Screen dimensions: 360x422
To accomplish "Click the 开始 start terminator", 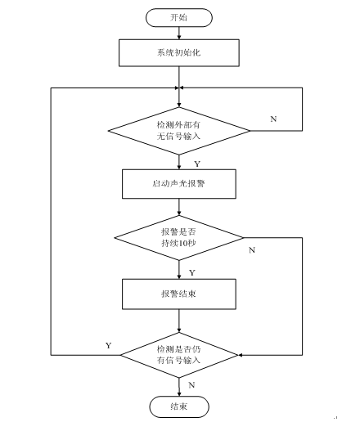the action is pos(179,18).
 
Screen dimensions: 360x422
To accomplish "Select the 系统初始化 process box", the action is pos(179,52).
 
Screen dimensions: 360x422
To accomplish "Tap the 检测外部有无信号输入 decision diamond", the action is pos(179,131).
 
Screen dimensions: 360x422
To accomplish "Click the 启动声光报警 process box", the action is pos(179,184).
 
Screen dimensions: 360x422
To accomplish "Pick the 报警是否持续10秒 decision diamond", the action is pos(179,238).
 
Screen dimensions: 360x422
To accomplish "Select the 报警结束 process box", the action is pos(179,294).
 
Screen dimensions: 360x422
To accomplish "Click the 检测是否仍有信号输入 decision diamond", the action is pos(179,355).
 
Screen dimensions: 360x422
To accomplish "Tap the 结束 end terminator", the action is pos(179,406).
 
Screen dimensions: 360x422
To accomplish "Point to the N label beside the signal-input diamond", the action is pos(273,119).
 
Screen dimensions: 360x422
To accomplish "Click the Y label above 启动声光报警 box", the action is pos(197,164).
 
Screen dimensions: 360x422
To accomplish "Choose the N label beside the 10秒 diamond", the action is pos(252,250).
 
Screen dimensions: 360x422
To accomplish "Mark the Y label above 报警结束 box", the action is pos(192,272).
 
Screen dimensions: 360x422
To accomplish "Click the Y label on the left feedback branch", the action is pos(109,345).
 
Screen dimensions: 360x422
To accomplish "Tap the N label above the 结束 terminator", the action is pos(191,385).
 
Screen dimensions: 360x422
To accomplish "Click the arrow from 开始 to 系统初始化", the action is pos(179,33).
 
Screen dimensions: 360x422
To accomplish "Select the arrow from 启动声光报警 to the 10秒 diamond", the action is pos(179,207).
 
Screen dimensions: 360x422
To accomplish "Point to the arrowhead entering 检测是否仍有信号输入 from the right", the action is pos(241,355).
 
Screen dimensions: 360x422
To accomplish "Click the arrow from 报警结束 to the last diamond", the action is pos(179,321).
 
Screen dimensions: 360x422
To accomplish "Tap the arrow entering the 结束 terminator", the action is pos(179,387).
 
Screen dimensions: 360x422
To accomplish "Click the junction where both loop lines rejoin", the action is pos(179,88).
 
